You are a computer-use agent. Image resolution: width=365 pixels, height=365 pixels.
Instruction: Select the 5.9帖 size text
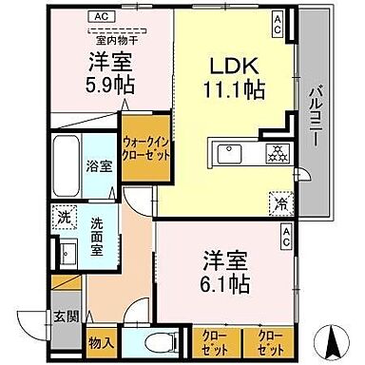coord(112,85)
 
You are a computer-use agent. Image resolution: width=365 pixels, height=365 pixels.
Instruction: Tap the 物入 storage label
coord(102,342)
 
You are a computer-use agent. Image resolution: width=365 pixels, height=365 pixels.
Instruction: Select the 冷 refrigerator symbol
coord(281,201)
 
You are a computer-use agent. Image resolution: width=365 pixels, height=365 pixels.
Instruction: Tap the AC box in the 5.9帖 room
coord(99,16)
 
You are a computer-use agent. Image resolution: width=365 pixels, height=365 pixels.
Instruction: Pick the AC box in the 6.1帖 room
coord(283,242)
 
